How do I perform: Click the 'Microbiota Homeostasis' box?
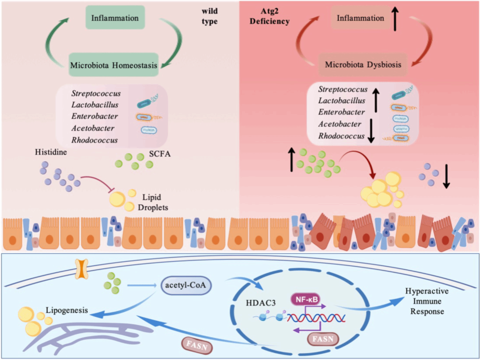pyautogui.click(x=114, y=65)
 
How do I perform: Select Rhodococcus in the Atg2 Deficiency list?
pyautogui.click(x=340, y=136)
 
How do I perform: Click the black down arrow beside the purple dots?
pyautogui.click(x=446, y=179)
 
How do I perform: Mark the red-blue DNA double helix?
pyautogui.click(x=315, y=318)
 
